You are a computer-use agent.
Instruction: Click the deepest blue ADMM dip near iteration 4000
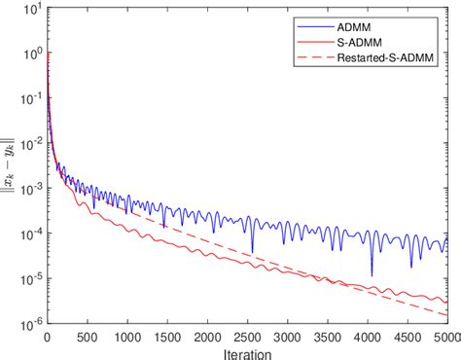[372, 275]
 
